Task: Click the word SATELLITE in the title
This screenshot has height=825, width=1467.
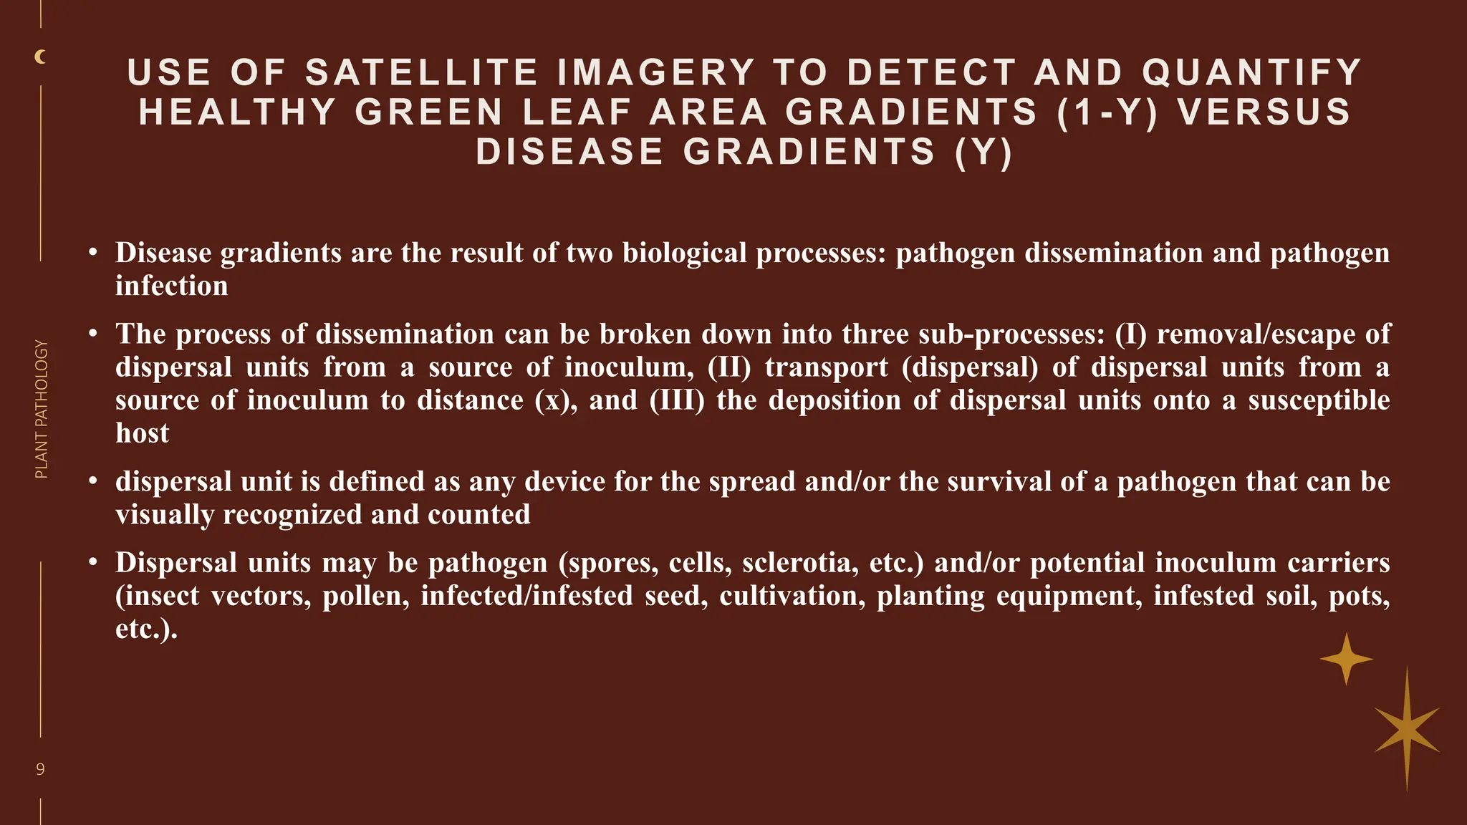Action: tap(421, 73)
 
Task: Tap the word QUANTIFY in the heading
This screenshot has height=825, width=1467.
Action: tap(1251, 73)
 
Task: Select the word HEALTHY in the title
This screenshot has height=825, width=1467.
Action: tap(237, 112)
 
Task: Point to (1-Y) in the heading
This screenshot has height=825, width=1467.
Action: tap(1107, 112)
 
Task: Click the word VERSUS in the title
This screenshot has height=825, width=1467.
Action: tap(1264, 112)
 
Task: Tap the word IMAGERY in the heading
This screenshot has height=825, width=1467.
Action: tap(655, 73)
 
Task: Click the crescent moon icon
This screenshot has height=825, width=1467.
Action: tap(41, 57)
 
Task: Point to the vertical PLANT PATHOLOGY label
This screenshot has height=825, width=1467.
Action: tap(42, 409)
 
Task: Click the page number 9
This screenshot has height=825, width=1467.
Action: tap(40, 769)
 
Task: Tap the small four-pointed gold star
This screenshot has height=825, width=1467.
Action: tap(1347, 659)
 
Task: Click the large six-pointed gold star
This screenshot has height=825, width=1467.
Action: tap(1407, 729)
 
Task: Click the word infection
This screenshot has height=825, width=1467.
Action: tap(172, 286)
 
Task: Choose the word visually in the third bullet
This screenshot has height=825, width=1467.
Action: tap(164, 515)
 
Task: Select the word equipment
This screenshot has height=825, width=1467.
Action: tap(1069, 596)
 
